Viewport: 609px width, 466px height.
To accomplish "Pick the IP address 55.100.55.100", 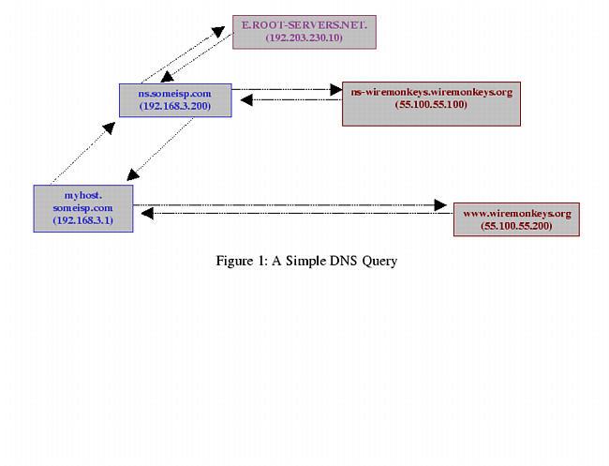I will click(x=431, y=104).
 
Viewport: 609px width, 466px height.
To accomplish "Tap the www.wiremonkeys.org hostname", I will click(x=516, y=213).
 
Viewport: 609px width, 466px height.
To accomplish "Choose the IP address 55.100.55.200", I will click(x=516, y=227).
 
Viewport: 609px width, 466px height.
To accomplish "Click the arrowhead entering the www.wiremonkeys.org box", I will click(x=439, y=203).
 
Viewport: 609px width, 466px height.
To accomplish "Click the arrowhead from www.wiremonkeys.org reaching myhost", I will click(x=148, y=214).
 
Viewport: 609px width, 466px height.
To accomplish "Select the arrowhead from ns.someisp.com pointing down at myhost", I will click(x=134, y=173).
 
